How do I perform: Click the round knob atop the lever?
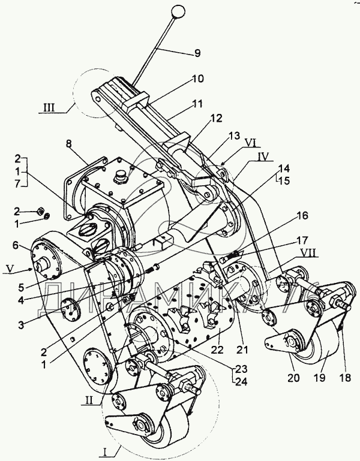178,11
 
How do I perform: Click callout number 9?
199,53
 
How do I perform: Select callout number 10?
198,79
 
